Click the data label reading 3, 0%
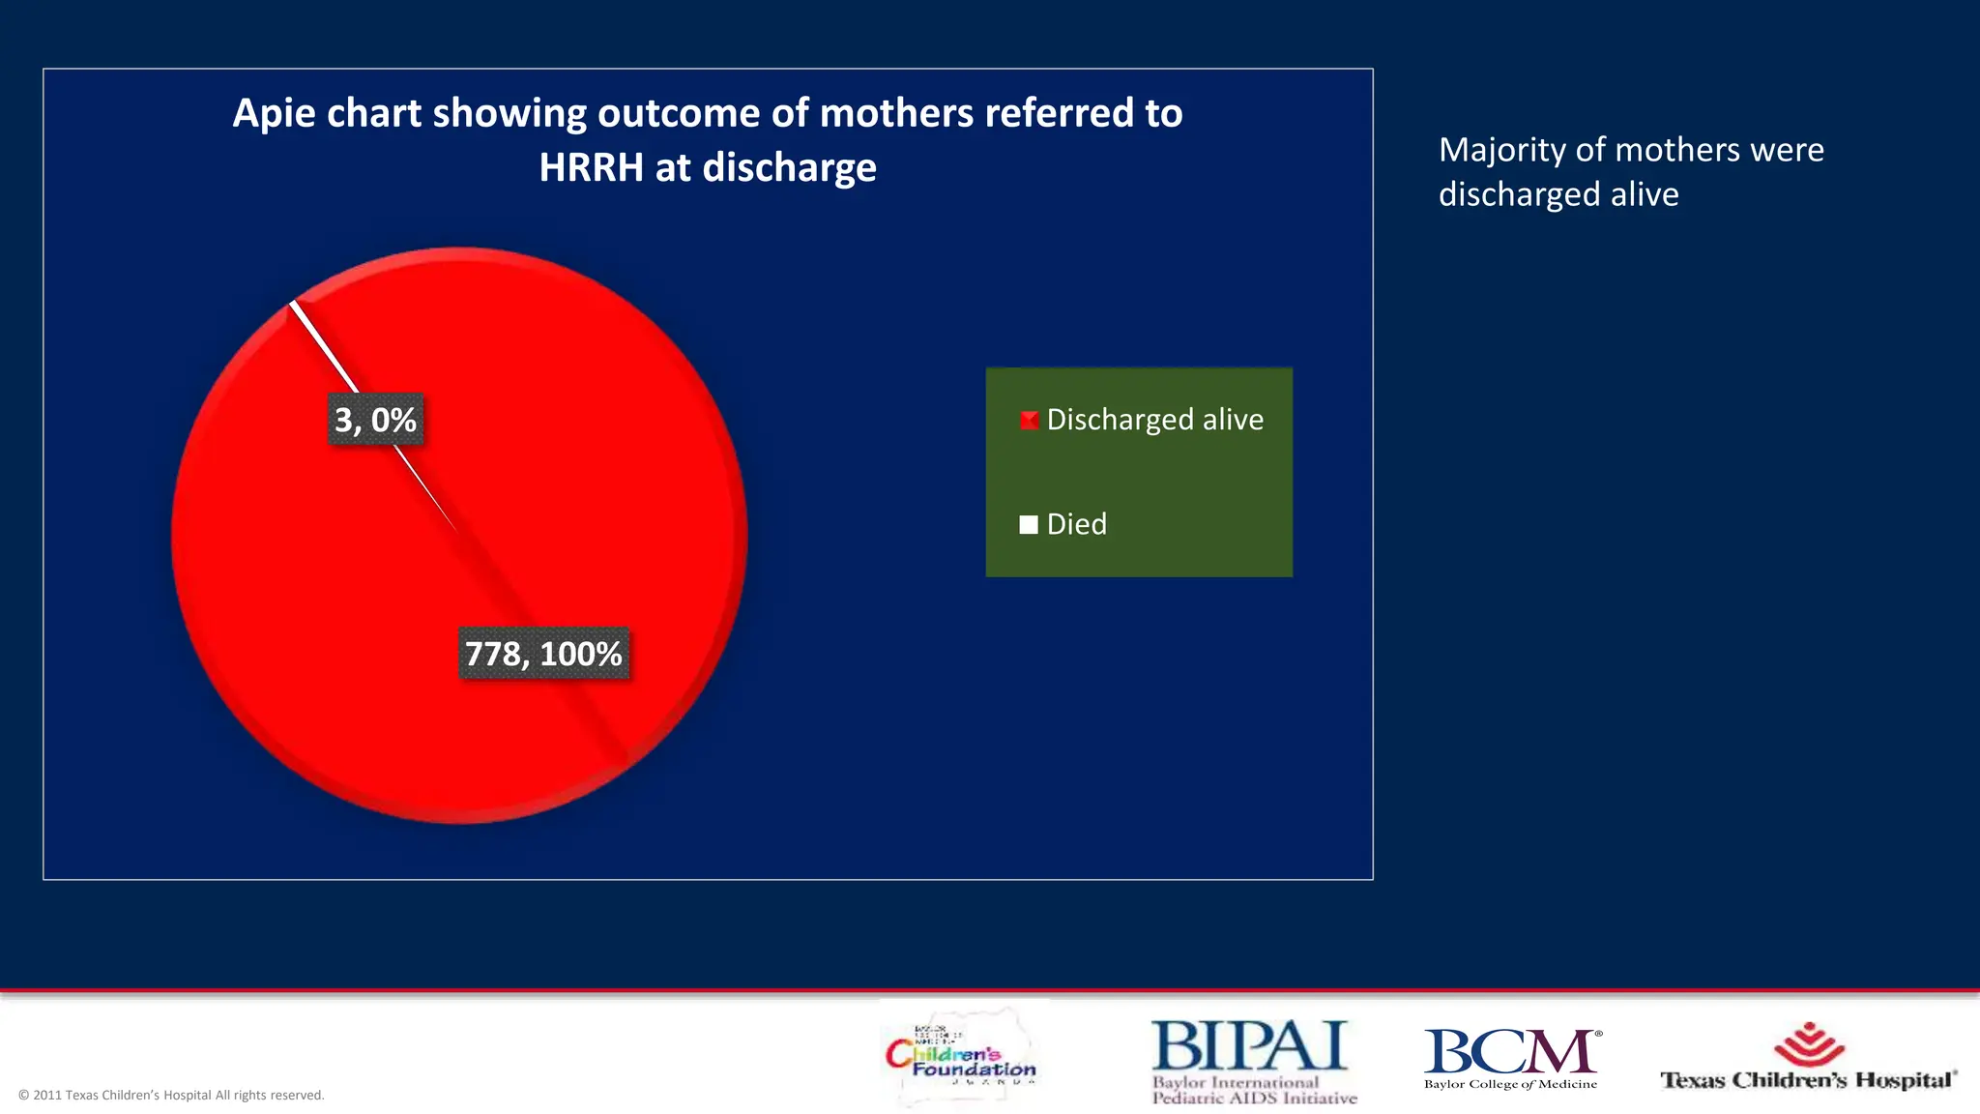click(375, 420)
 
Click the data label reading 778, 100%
click(543, 654)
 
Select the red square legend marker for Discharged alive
click(1029, 420)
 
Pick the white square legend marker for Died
click(1029, 524)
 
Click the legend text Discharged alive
click(1154, 420)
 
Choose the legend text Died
click(1076, 524)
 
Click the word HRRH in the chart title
click(591, 167)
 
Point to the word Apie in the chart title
click(274, 113)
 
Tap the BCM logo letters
click(1510, 1051)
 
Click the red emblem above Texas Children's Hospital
click(1809, 1043)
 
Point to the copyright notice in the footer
click(171, 1095)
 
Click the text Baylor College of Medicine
click(1510, 1084)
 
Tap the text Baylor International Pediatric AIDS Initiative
click(1253, 1090)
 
